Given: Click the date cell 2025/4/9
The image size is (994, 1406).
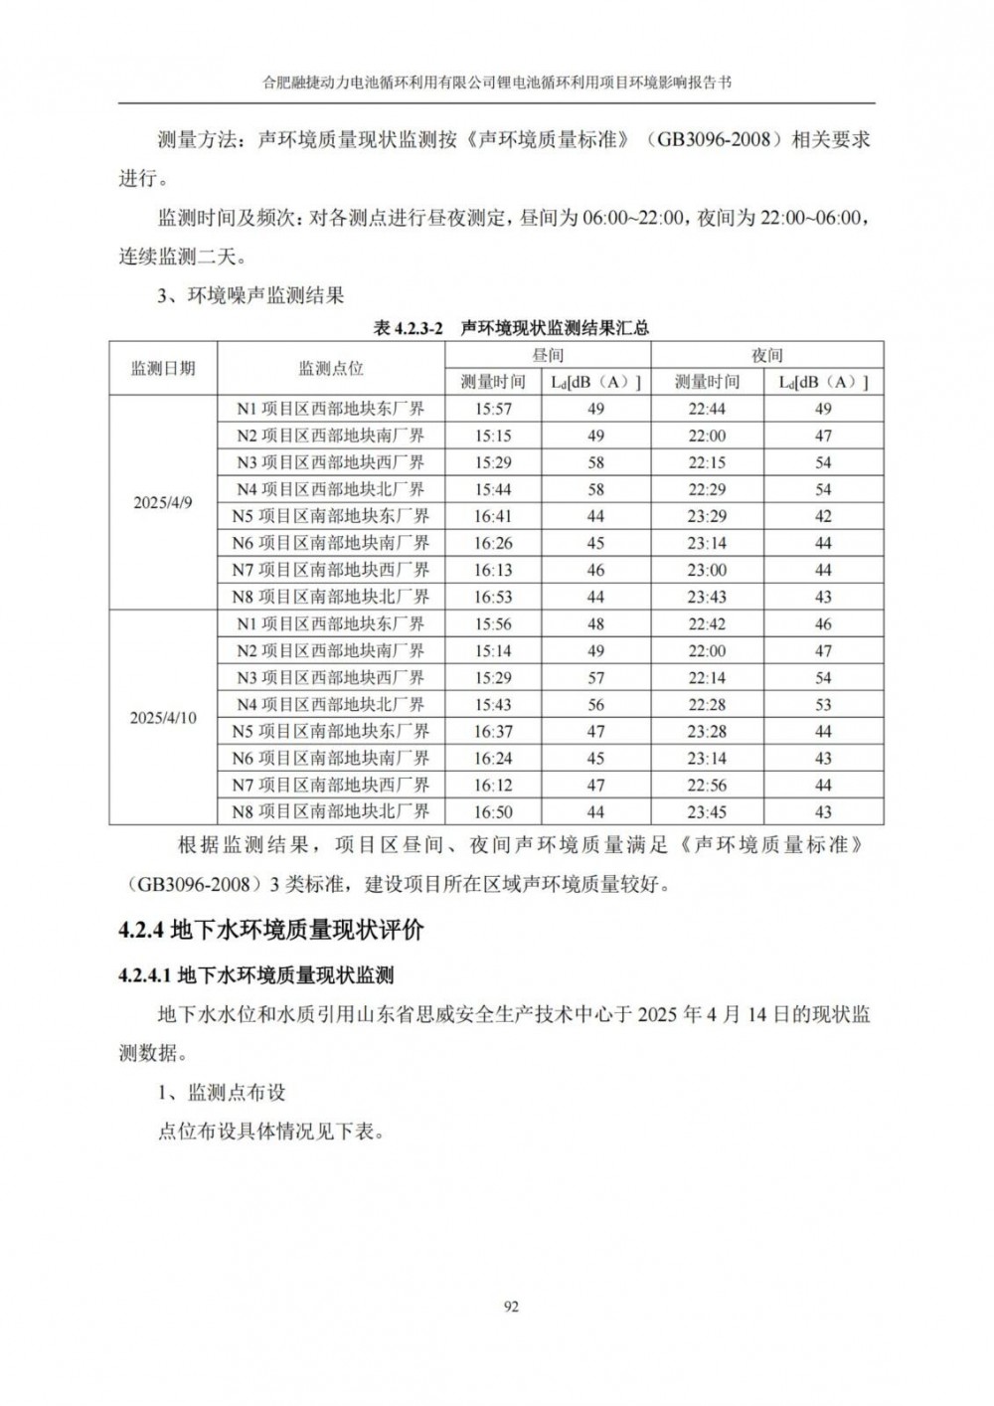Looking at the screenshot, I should point(163,503).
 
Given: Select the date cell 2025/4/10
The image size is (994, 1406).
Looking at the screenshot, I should point(163,718).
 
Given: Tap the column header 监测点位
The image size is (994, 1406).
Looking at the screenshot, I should point(331,369).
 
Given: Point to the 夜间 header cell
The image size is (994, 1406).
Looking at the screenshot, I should point(766,355).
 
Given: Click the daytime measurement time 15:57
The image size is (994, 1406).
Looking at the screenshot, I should point(493,409).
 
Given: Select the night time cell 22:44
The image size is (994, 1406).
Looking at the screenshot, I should point(707,409).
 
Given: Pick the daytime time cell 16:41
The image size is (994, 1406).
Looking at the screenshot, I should point(493,516).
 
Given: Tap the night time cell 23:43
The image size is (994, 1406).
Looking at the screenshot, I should point(707,597).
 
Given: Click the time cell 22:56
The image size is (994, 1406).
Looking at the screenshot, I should point(707,786).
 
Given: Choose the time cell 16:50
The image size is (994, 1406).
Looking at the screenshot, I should point(493,812).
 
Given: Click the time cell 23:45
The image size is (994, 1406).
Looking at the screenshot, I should point(707,812).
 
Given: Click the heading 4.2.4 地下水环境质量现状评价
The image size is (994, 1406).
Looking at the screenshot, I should point(270,931).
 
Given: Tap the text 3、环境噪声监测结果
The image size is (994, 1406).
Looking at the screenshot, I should point(250,295).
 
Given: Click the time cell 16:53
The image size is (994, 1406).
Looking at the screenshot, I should point(493,597).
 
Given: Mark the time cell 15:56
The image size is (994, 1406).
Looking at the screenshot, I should point(493,624).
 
